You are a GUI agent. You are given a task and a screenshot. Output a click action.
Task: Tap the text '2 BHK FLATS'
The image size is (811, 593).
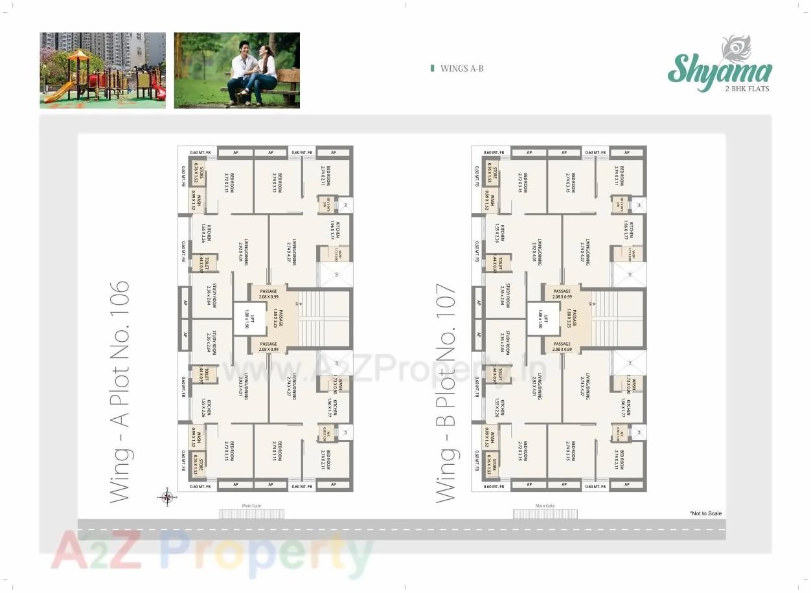[747, 88]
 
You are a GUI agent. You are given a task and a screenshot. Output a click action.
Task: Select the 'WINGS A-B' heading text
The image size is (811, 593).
[462, 68]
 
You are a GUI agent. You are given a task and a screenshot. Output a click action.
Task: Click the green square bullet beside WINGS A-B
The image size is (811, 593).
[432, 68]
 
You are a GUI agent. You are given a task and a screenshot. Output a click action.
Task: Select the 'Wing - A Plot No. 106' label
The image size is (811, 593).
[120, 392]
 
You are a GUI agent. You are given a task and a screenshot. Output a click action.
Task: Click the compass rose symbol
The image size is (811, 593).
[166, 497]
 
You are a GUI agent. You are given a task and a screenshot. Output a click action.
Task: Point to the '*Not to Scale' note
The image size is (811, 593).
[705, 513]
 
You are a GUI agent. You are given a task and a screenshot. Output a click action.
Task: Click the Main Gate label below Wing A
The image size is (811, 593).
[251, 506]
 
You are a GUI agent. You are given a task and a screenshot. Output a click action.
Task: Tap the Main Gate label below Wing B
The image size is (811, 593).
[545, 506]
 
